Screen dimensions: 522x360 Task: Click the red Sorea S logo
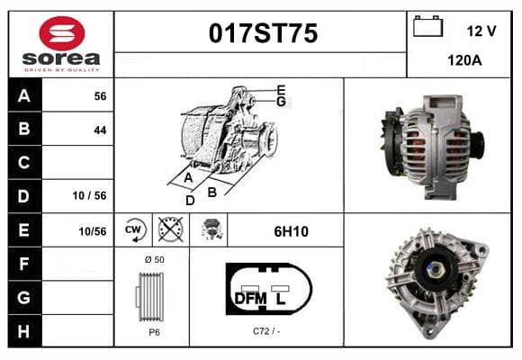coord(62,33)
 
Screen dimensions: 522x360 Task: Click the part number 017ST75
coord(263,33)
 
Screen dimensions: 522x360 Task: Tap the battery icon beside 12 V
coord(427,26)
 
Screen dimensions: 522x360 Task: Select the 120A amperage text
coord(464,60)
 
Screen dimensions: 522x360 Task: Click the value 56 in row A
coord(100,96)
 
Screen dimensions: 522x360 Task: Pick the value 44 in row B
coord(100,130)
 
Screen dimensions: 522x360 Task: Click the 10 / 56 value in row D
coord(90,195)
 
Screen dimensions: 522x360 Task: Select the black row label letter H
coord(23,331)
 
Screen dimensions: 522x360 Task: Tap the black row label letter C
coord(23,163)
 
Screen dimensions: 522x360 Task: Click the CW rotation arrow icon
coord(133,229)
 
